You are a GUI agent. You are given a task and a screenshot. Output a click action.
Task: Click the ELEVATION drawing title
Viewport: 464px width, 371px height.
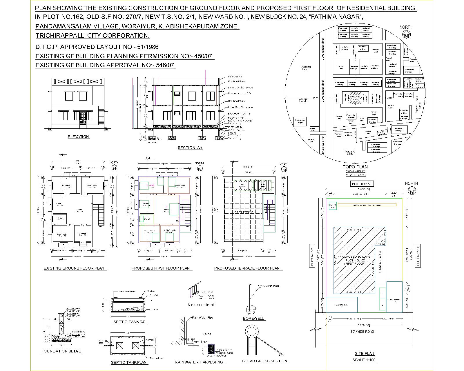(78, 137)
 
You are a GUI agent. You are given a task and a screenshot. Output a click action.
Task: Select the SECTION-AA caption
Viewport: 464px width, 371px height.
(190, 148)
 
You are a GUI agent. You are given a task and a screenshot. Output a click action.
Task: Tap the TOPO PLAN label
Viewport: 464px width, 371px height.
(355, 167)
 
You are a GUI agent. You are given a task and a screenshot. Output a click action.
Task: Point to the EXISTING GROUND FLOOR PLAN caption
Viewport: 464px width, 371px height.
(74, 268)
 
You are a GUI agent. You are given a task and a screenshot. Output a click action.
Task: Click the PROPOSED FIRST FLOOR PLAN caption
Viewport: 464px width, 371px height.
(161, 268)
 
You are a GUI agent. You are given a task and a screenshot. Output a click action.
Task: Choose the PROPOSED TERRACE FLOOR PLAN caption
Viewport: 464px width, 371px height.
(247, 268)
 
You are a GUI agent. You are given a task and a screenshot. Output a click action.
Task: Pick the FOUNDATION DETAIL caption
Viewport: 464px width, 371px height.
(61, 351)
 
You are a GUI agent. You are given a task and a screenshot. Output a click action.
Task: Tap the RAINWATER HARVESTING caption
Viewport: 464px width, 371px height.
(199, 362)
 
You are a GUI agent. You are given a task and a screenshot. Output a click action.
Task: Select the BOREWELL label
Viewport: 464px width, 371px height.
(253, 319)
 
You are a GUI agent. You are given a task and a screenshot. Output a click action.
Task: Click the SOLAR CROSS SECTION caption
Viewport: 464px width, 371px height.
(264, 361)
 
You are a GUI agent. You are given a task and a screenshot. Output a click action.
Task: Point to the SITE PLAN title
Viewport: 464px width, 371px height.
(365, 354)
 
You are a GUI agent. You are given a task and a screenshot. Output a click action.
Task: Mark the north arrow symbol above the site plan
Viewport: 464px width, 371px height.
(412, 191)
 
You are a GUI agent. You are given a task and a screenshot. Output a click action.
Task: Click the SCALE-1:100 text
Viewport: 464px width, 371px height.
(364, 360)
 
